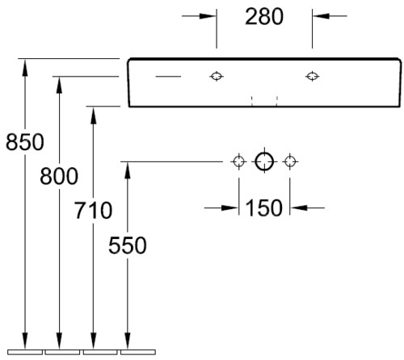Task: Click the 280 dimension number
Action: coord(264,17)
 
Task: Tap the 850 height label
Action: coord(25,142)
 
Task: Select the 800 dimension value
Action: coord(59,176)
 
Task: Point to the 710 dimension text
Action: coord(93,210)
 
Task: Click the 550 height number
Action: coord(128,245)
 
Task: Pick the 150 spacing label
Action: coord(264,208)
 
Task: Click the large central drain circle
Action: coord(264,161)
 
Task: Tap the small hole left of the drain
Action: coord(238,161)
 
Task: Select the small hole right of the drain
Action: coord(290,161)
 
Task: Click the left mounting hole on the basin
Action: coord(217,77)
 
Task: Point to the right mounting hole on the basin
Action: coord(312,77)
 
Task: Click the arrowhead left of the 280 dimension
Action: coord(208,16)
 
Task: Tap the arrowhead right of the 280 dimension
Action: coord(321,16)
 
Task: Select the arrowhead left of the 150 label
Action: coord(230,208)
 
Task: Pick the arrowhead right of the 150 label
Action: coord(299,208)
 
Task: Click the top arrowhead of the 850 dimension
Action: coord(25,67)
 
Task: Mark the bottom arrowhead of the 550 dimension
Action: coord(128,341)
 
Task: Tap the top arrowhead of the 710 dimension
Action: coord(93,115)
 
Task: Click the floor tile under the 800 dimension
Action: coord(62,352)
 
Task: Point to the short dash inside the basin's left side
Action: coord(168,77)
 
